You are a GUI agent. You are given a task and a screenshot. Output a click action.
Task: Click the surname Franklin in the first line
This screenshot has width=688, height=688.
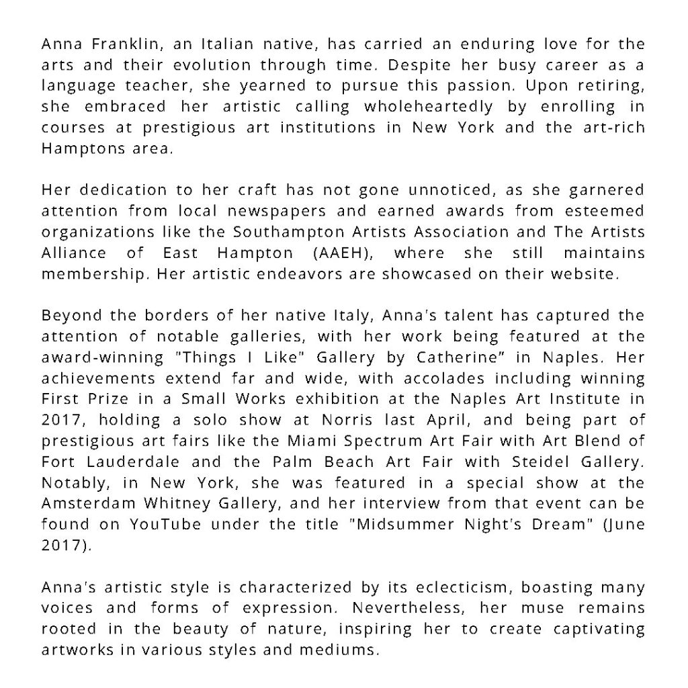115,46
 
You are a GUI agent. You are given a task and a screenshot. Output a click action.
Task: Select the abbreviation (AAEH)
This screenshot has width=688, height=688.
350,253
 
